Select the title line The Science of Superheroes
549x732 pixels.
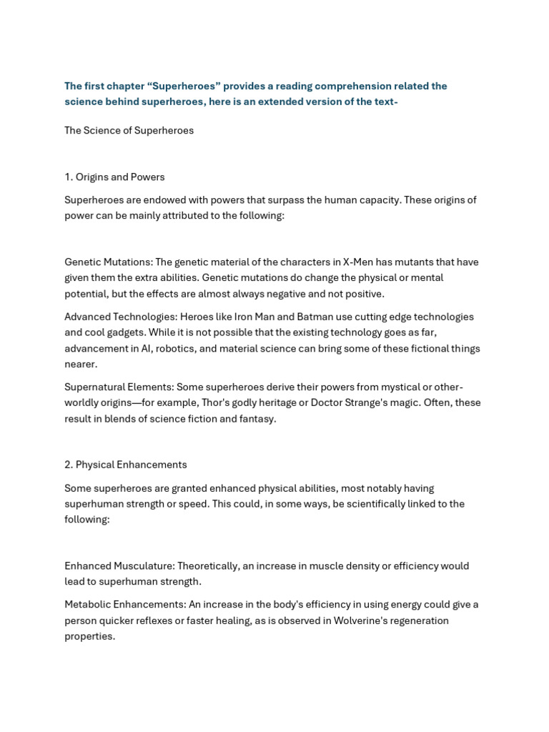coord(129,131)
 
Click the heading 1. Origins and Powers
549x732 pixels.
coord(114,177)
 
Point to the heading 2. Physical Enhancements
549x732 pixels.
coord(125,465)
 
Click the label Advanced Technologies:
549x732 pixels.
coord(121,317)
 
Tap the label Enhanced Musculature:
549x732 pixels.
coord(119,566)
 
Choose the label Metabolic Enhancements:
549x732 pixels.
coord(125,605)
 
